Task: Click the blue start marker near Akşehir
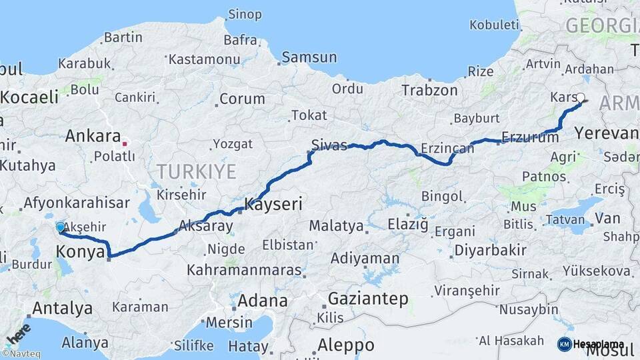(x=61, y=227)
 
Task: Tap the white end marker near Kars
(x=580, y=97)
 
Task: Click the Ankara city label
(x=93, y=137)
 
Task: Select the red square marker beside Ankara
(x=125, y=143)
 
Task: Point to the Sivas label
(x=329, y=145)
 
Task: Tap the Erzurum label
(x=530, y=138)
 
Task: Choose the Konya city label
(x=80, y=252)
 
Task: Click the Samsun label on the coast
(x=309, y=57)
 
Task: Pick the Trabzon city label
(x=429, y=91)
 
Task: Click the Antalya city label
(x=62, y=309)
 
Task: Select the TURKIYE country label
(x=197, y=172)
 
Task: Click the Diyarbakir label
(x=491, y=251)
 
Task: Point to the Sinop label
(x=245, y=15)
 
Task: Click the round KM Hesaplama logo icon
(x=565, y=344)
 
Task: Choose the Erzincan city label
(x=447, y=148)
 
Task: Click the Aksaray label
(x=207, y=227)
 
